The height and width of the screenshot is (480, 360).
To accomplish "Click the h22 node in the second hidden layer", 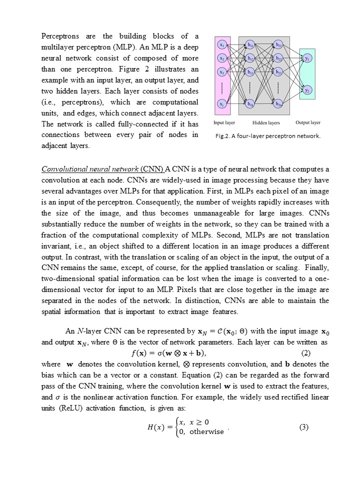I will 278,59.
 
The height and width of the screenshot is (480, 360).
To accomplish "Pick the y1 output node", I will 307,58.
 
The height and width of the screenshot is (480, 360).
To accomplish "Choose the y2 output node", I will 307,90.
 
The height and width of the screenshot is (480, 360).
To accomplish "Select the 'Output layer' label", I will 308,122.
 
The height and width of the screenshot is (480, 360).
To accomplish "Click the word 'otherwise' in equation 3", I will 206,432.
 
